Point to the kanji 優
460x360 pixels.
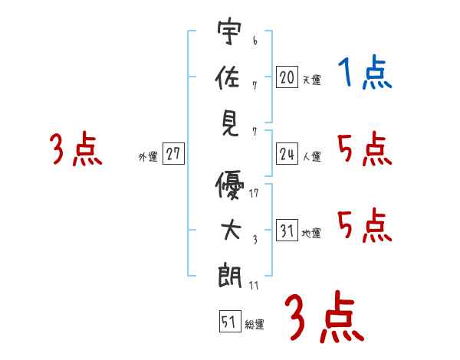[229, 187]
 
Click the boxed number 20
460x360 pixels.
[287, 77]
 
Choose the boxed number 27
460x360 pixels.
[173, 154]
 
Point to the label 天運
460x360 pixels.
[311, 80]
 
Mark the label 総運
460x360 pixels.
[255, 325]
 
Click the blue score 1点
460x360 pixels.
[365, 74]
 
